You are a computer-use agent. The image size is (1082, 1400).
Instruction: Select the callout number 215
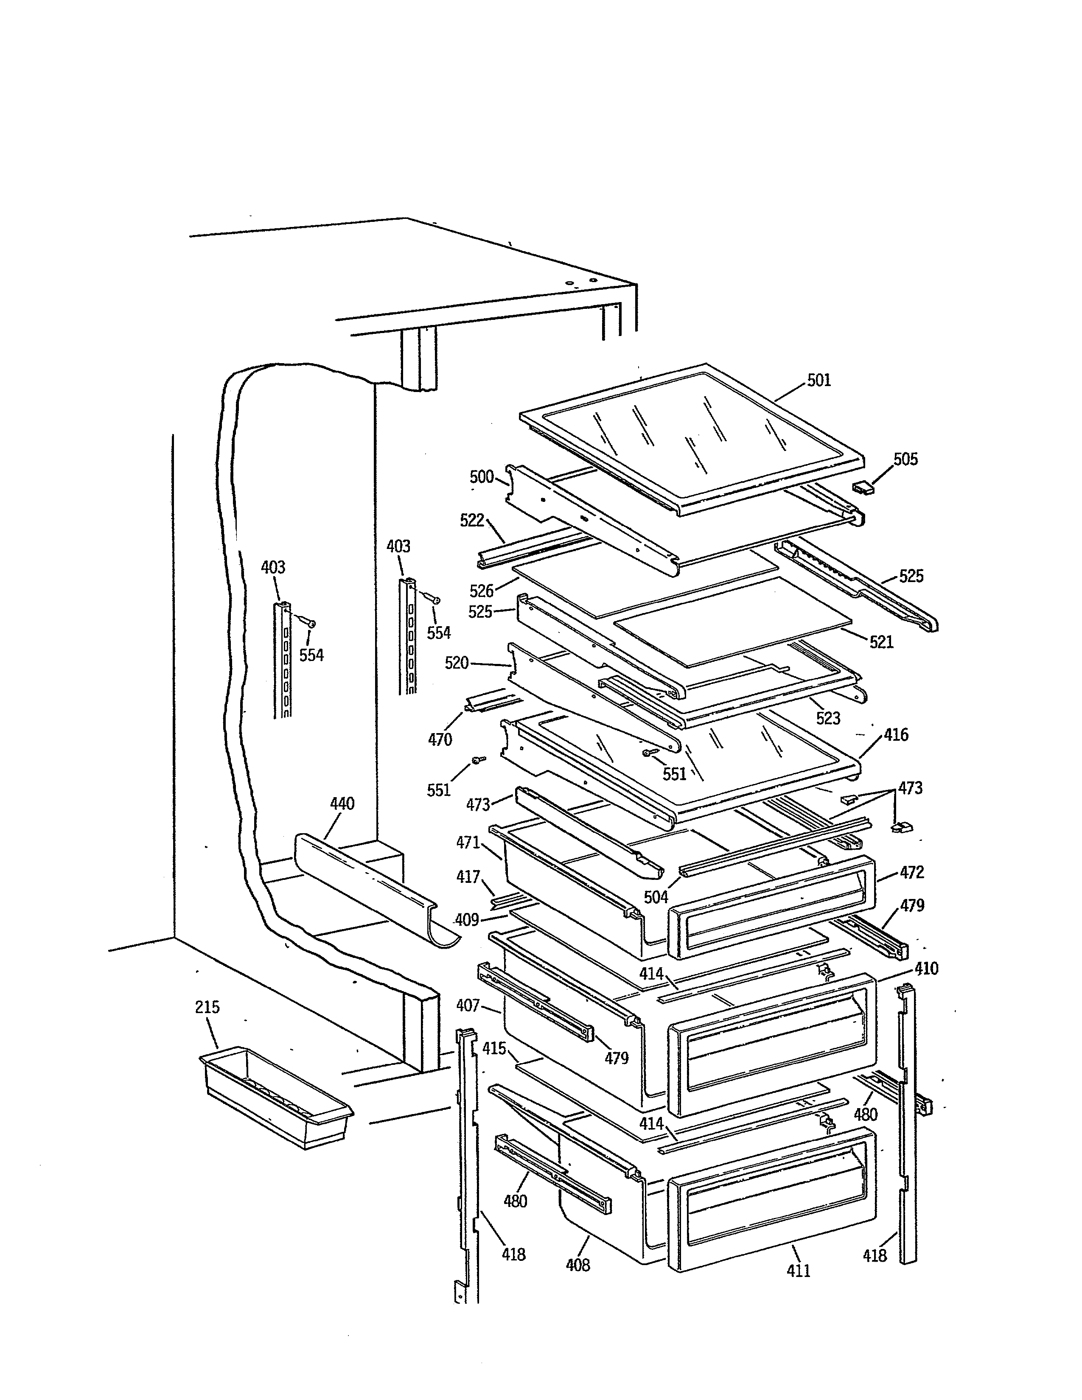point(207,1007)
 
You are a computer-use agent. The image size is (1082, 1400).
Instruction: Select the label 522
point(472,521)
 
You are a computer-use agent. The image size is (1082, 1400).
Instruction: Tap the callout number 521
point(881,641)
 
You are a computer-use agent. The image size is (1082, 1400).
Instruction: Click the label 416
point(895,735)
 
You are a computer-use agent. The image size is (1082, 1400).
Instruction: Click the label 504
point(656,897)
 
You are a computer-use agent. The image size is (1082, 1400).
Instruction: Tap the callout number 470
point(440,740)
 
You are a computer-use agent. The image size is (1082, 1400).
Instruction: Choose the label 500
point(482,477)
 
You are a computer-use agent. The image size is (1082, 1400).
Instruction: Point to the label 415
point(494,1049)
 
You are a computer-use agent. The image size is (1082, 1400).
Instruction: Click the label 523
point(827,718)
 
